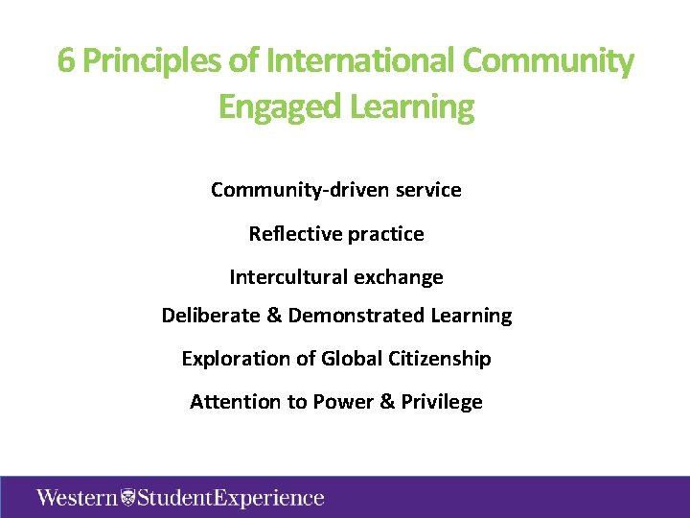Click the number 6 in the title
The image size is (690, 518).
(x=66, y=61)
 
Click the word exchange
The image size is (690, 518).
(x=399, y=277)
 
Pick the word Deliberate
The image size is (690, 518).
(x=211, y=316)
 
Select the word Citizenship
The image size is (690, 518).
(x=438, y=359)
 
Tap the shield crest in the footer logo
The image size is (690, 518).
(x=129, y=498)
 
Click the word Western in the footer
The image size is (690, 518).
(x=79, y=498)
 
